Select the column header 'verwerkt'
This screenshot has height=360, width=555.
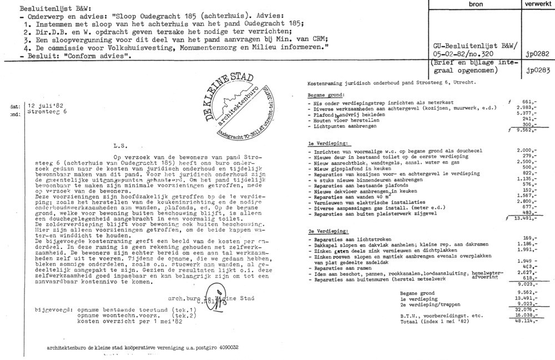(x=534, y=4)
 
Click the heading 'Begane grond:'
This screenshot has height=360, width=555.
(x=324, y=95)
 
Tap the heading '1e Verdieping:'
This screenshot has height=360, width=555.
(x=326, y=144)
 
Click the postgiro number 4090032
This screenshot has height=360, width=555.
(x=226, y=347)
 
